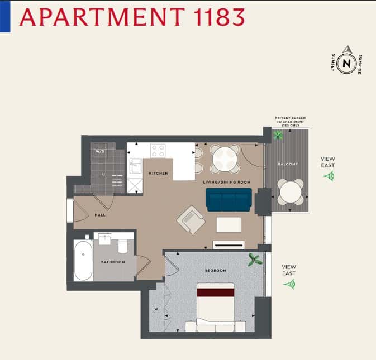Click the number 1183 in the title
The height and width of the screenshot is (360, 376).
[x=213, y=17]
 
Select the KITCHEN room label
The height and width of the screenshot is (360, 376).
[x=158, y=174]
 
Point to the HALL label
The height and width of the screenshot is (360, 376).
[x=100, y=214]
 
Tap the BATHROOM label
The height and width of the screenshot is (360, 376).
[x=113, y=262]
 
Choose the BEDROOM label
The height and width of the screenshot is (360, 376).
[x=216, y=271]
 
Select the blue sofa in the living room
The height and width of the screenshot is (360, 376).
[x=229, y=199]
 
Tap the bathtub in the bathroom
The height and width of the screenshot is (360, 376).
[x=83, y=261]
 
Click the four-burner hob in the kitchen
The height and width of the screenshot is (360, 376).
[x=158, y=151]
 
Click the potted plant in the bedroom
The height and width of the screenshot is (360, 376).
[x=255, y=260]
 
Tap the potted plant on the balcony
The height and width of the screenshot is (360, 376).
[x=278, y=135]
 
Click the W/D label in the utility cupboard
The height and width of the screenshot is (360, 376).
[x=101, y=151]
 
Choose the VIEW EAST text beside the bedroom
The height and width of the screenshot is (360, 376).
[x=289, y=270]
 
